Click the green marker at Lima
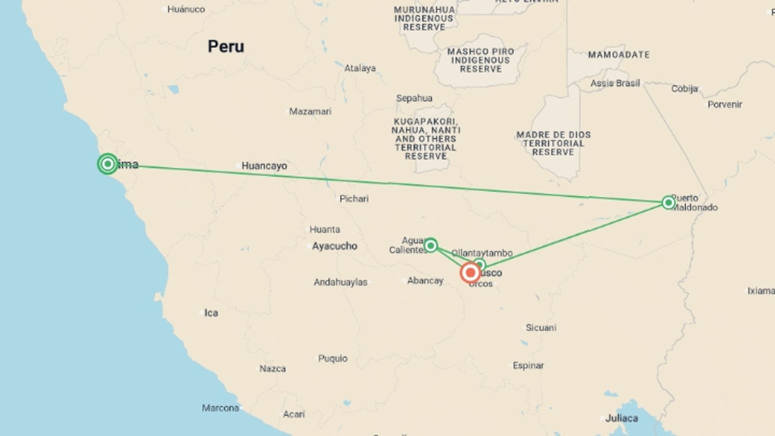pyautogui.click(x=107, y=164)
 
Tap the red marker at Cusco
pyautogui.click(x=470, y=273)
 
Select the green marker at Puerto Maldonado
pyautogui.click(x=668, y=202)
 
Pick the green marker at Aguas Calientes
pyautogui.click(x=431, y=245)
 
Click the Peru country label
pyautogui.click(x=226, y=46)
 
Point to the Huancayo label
pyautogui.click(x=264, y=166)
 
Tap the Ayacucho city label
pyautogui.click(x=334, y=246)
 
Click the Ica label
pyautogui.click(x=211, y=313)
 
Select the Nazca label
pyautogui.click(x=272, y=369)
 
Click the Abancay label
pyautogui.click(x=425, y=281)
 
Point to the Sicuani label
pyautogui.click(x=541, y=327)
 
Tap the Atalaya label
pyautogui.click(x=360, y=68)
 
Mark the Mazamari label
pyautogui.click(x=310, y=111)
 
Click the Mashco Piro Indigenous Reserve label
pyautogui.click(x=480, y=60)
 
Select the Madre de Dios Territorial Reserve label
pyautogui.click(x=553, y=143)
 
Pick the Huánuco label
pyautogui.click(x=186, y=9)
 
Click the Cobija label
pyautogui.click(x=684, y=89)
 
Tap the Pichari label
pyautogui.click(x=354, y=199)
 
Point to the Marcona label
pyautogui.click(x=220, y=408)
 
